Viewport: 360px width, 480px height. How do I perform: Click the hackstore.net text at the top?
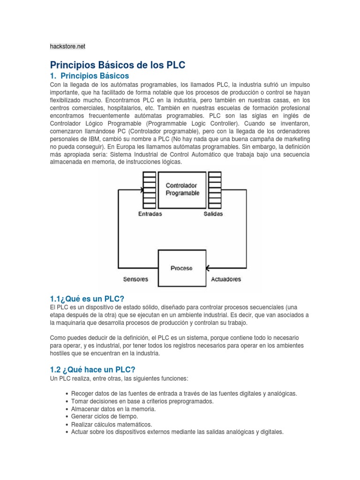pyautogui.click(x=67, y=46)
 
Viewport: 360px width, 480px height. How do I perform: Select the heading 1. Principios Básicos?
pyautogui.click(x=89, y=75)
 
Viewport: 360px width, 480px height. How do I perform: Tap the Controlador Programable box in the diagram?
pyautogui.click(x=182, y=189)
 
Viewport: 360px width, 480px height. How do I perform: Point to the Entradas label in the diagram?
pyautogui.click(x=150, y=214)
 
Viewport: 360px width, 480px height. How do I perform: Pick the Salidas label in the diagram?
pyautogui.click(x=213, y=214)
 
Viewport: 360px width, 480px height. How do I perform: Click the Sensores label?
pyautogui.click(x=135, y=279)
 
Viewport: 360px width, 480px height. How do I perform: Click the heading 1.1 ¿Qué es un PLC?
pyautogui.click(x=87, y=299)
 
